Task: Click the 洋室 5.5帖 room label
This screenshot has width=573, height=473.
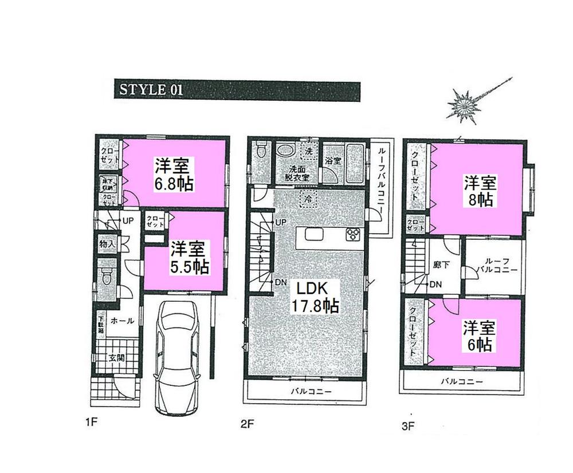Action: tap(189, 258)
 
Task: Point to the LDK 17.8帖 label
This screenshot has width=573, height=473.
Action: tap(315, 296)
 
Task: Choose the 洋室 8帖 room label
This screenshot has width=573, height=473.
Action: tap(480, 192)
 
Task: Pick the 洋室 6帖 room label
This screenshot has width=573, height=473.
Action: tap(480, 336)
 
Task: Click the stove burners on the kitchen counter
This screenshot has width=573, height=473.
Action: tap(352, 234)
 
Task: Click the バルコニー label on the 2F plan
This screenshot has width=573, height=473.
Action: tap(308, 392)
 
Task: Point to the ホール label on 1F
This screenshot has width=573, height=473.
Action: tap(123, 321)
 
